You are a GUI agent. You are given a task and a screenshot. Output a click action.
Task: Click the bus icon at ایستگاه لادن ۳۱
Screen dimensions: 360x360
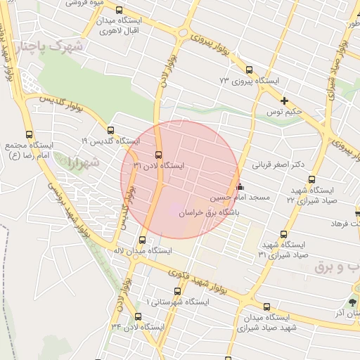coord(157,155)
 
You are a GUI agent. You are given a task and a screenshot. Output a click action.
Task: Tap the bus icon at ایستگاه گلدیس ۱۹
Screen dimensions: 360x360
coord(110,129)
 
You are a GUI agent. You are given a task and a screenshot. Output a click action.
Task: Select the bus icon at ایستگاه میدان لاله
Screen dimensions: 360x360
coord(143,238)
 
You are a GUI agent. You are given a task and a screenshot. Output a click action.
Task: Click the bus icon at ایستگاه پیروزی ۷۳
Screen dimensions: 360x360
coord(249,69)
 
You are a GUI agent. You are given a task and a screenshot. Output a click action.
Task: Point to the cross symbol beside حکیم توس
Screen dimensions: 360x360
coord(284,101)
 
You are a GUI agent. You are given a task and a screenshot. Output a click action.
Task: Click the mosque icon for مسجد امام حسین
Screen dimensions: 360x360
coord(240,187)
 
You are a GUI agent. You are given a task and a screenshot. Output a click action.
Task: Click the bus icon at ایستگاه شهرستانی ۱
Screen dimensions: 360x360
coord(177,290)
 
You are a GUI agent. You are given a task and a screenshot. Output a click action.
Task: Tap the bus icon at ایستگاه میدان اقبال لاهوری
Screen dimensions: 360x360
coord(118,11)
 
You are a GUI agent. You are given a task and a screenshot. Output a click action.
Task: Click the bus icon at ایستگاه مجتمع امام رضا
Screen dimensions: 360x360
coord(29,134)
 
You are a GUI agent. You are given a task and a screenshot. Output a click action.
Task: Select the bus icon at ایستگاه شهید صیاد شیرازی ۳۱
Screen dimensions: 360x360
coord(284,234)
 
